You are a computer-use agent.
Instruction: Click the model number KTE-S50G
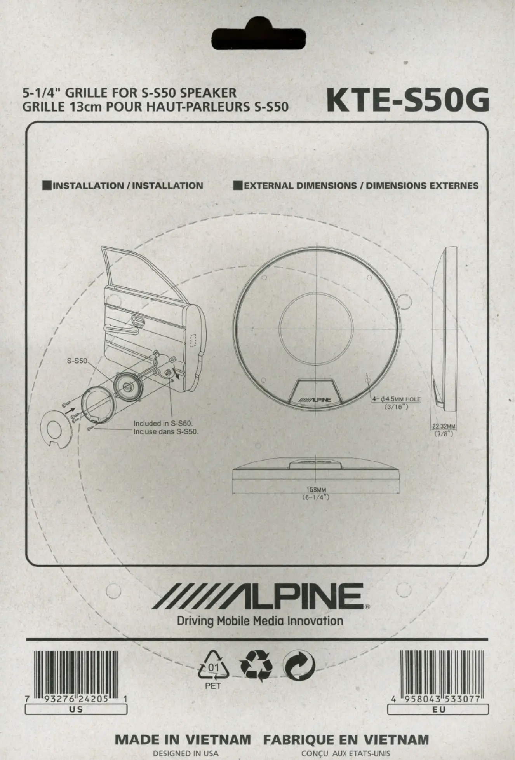pyautogui.click(x=407, y=101)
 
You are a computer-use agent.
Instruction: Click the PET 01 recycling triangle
pyautogui.click(x=213, y=666)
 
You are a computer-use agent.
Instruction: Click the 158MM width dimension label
pyautogui.click(x=316, y=489)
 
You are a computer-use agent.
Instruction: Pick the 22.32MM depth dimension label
pyautogui.click(x=444, y=426)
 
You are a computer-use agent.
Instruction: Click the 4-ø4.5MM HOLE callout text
pyautogui.click(x=396, y=399)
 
